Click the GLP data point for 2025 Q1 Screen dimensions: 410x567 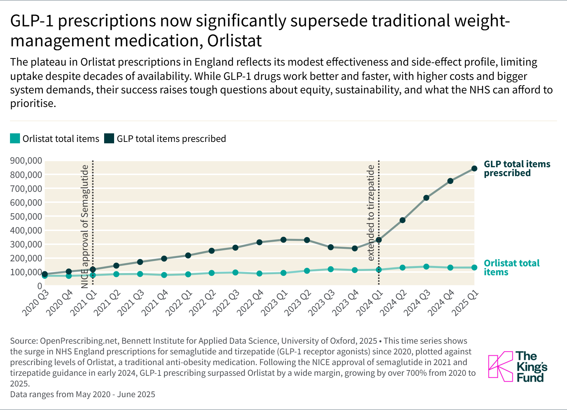pyautogui.click(x=474, y=168)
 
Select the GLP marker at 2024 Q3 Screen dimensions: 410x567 pyautogui.click(x=426, y=198)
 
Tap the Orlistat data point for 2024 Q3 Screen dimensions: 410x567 pyautogui.click(x=426, y=266)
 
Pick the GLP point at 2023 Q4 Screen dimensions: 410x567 pyautogui.click(x=355, y=248)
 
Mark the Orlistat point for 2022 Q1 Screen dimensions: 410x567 pyautogui.click(x=188, y=274)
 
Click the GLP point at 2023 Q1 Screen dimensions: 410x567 pyautogui.click(x=283, y=240)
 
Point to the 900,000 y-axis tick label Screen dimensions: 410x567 pyautogui.click(x=26, y=160)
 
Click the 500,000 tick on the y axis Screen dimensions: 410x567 pyautogui.click(x=26, y=216)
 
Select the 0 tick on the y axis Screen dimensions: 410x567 pyautogui.click(x=40, y=286)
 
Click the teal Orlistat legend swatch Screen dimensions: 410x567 pyautogui.click(x=15, y=138)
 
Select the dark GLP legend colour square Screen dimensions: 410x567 pyautogui.click(x=109, y=138)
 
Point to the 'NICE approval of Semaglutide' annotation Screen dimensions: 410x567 pyautogui.click(x=85, y=226)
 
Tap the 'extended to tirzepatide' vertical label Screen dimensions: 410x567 pyautogui.click(x=371, y=212)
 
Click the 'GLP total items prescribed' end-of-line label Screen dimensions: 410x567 pyautogui.click(x=517, y=168)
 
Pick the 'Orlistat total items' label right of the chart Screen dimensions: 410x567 pyautogui.click(x=511, y=267)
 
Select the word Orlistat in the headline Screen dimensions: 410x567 pyautogui.click(x=234, y=41)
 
